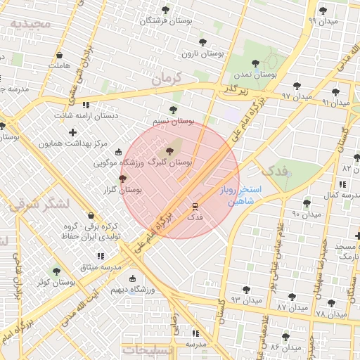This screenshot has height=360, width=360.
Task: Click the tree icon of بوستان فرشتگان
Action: pyautogui.click(x=165, y=10)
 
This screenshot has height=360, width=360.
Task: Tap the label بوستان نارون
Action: pyautogui.click(x=202, y=53)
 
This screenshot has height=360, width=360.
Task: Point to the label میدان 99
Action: pyautogui.click(x=321, y=21)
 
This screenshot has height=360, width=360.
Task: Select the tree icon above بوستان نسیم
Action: pyautogui.click(x=174, y=110)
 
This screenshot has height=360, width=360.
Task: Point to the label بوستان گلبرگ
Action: pyautogui.click(x=168, y=162)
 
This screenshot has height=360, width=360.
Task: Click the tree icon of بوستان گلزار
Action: pyautogui.click(x=123, y=179)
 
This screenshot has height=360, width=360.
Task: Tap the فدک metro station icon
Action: pyautogui.click(x=195, y=207)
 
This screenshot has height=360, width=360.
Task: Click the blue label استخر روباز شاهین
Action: pyautogui.click(x=240, y=195)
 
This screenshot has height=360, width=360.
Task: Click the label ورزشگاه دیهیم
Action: pyautogui.click(x=131, y=289)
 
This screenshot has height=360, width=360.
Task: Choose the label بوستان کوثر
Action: pyautogui.click(x=57, y=282)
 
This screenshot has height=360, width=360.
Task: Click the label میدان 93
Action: pyautogui.click(x=246, y=300)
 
